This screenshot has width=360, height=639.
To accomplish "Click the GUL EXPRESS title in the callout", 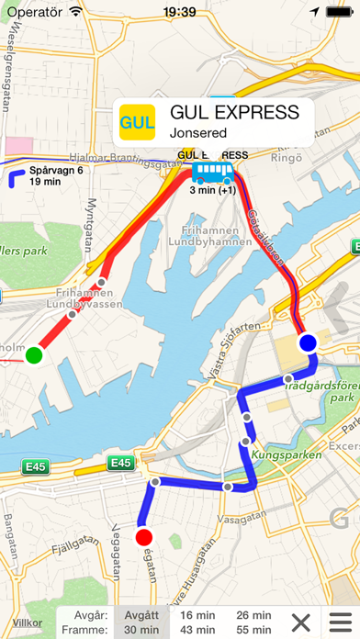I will (x=235, y=113).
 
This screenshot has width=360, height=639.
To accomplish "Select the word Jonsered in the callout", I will (x=198, y=133).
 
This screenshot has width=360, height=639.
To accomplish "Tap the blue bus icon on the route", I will (x=212, y=172).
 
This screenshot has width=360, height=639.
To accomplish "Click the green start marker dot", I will (x=34, y=354).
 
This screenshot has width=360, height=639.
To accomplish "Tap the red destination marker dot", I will (x=143, y=536).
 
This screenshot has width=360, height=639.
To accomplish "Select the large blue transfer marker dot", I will (x=308, y=342).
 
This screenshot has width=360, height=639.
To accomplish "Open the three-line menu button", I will (x=342, y=622).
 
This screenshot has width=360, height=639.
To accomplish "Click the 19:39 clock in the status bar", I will (x=179, y=11).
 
